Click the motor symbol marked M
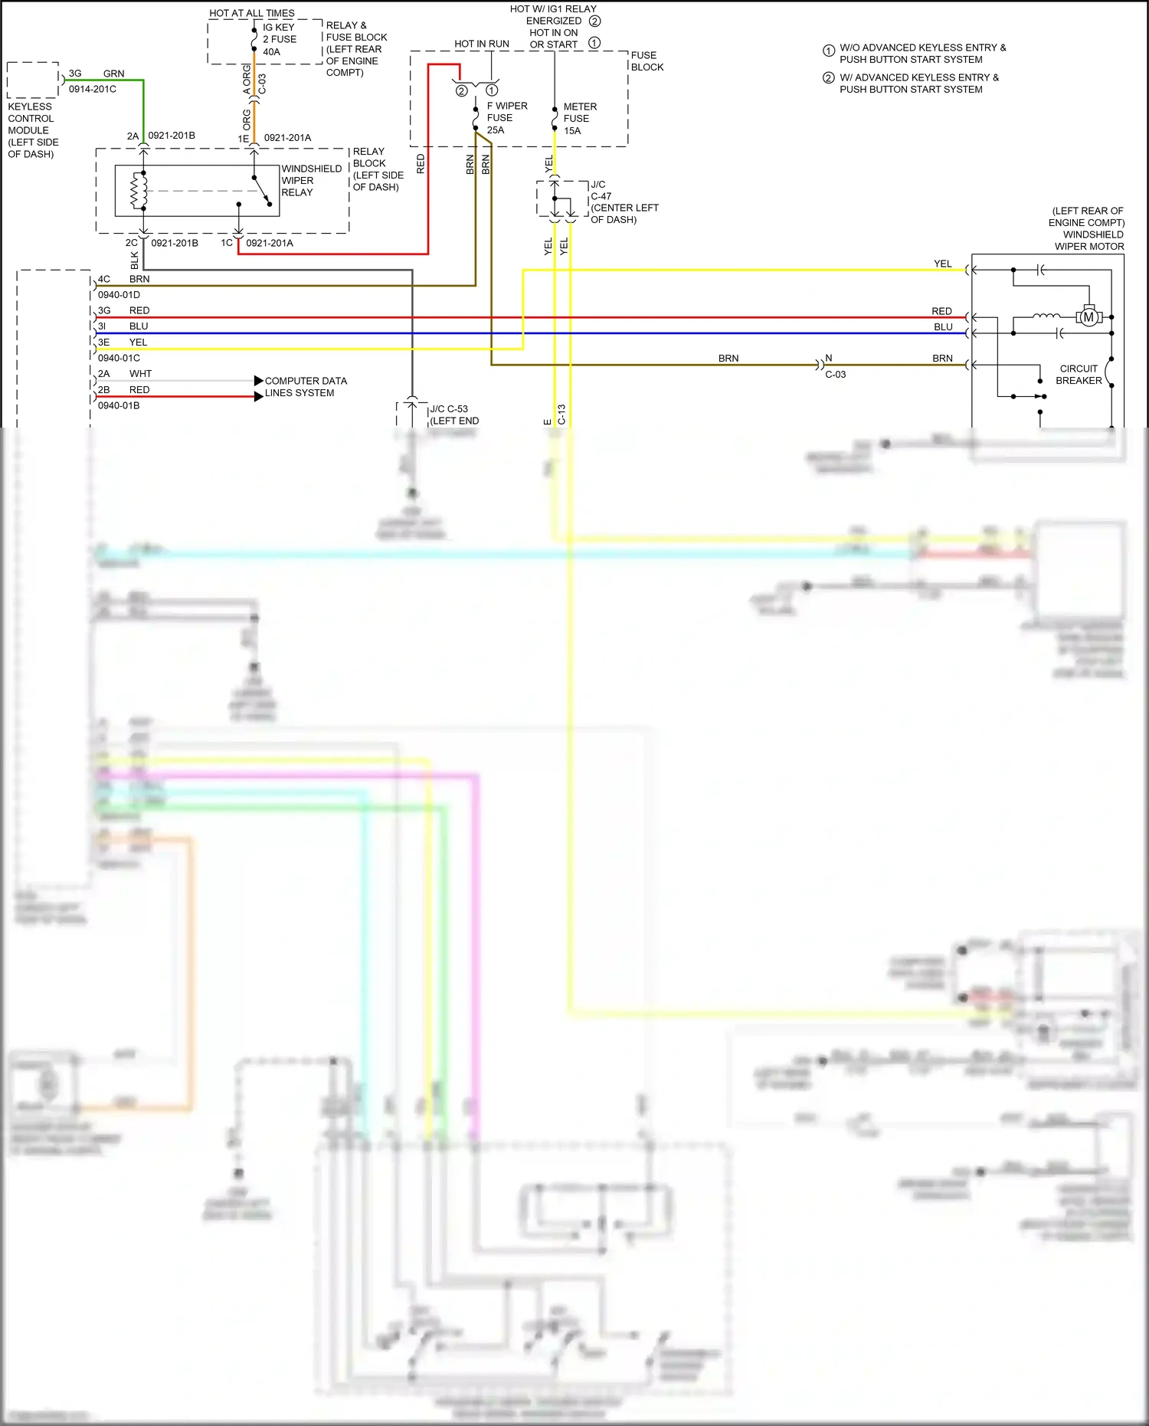pos(1088,316)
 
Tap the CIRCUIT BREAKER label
pos(1079,375)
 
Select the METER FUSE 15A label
pos(579,119)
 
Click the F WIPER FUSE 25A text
pos(506,118)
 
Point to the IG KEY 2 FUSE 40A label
pos(279,39)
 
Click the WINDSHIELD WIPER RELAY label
pos(310,181)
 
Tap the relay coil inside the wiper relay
pos(139,191)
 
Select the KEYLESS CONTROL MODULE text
pos(32,130)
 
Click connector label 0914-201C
pos(93,89)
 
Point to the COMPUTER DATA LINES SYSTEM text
pos(305,387)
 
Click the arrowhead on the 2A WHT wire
pos(259,381)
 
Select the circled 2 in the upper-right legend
pos(828,78)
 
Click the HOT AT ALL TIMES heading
pos(251,13)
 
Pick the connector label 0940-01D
pos(119,295)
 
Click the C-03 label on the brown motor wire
pos(835,375)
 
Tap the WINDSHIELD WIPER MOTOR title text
pos(1088,228)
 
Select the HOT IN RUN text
pos(481,44)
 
